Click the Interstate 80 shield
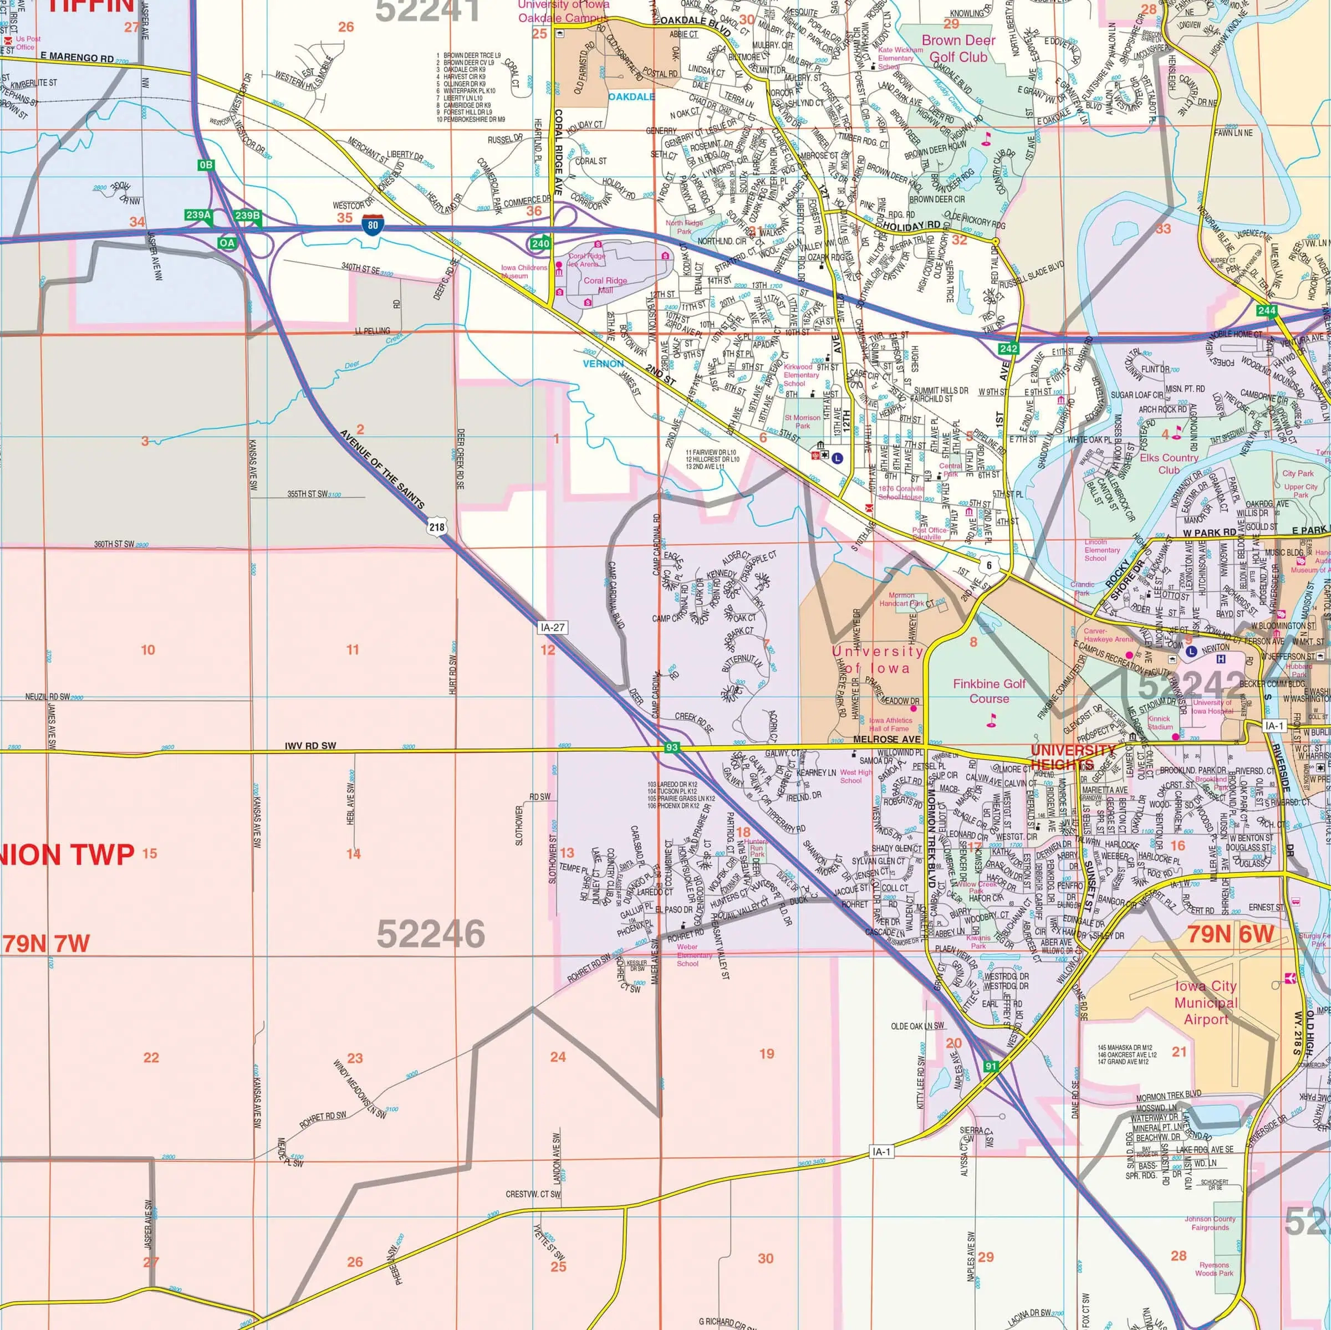click(372, 224)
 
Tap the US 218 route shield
click(436, 528)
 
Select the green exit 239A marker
click(198, 216)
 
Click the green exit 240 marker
click(540, 243)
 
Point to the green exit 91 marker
click(991, 1066)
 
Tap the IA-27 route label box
click(553, 627)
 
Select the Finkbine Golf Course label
click(990, 691)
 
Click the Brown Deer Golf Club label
click(958, 48)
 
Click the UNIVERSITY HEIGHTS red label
click(1073, 757)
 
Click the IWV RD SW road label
click(310, 746)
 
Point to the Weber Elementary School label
click(693, 955)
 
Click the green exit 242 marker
click(1008, 349)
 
